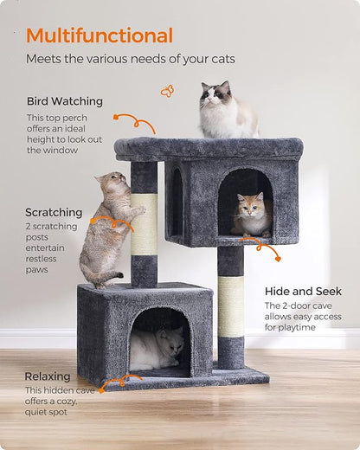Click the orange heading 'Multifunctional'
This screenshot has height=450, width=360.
coord(99,35)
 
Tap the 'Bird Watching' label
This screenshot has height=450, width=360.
coord(64,101)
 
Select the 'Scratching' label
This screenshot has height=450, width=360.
coord(54,212)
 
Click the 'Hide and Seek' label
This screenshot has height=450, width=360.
coord(302,292)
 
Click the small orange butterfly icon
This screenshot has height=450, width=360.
coord(166,91)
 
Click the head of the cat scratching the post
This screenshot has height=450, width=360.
coord(113,184)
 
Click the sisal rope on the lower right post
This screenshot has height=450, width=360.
coord(231,306)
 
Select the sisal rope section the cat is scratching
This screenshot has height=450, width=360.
coord(145,225)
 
